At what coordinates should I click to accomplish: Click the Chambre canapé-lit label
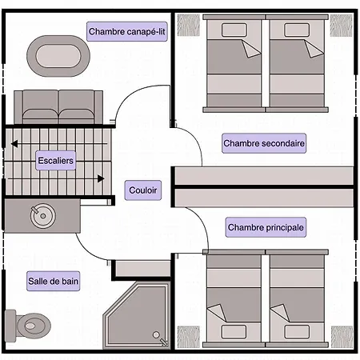(127, 31)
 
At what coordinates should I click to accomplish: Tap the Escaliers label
(55, 161)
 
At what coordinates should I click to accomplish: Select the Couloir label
(143, 190)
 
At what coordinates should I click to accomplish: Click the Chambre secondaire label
(264, 143)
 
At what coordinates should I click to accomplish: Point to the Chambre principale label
(266, 227)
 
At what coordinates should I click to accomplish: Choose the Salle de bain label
(53, 281)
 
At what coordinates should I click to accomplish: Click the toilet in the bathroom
(28, 326)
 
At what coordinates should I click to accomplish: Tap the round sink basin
(42, 216)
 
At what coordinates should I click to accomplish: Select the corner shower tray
(137, 315)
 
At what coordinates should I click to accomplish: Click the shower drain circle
(156, 334)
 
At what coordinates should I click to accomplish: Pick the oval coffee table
(58, 56)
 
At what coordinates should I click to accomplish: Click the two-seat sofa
(58, 107)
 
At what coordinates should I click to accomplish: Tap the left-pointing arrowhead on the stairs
(14, 144)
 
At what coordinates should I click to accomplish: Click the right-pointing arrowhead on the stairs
(101, 178)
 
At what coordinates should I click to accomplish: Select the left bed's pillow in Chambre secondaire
(234, 30)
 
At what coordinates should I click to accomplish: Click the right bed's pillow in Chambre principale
(297, 332)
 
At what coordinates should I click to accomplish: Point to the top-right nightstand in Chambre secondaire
(342, 26)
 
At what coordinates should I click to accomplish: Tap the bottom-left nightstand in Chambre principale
(189, 337)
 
